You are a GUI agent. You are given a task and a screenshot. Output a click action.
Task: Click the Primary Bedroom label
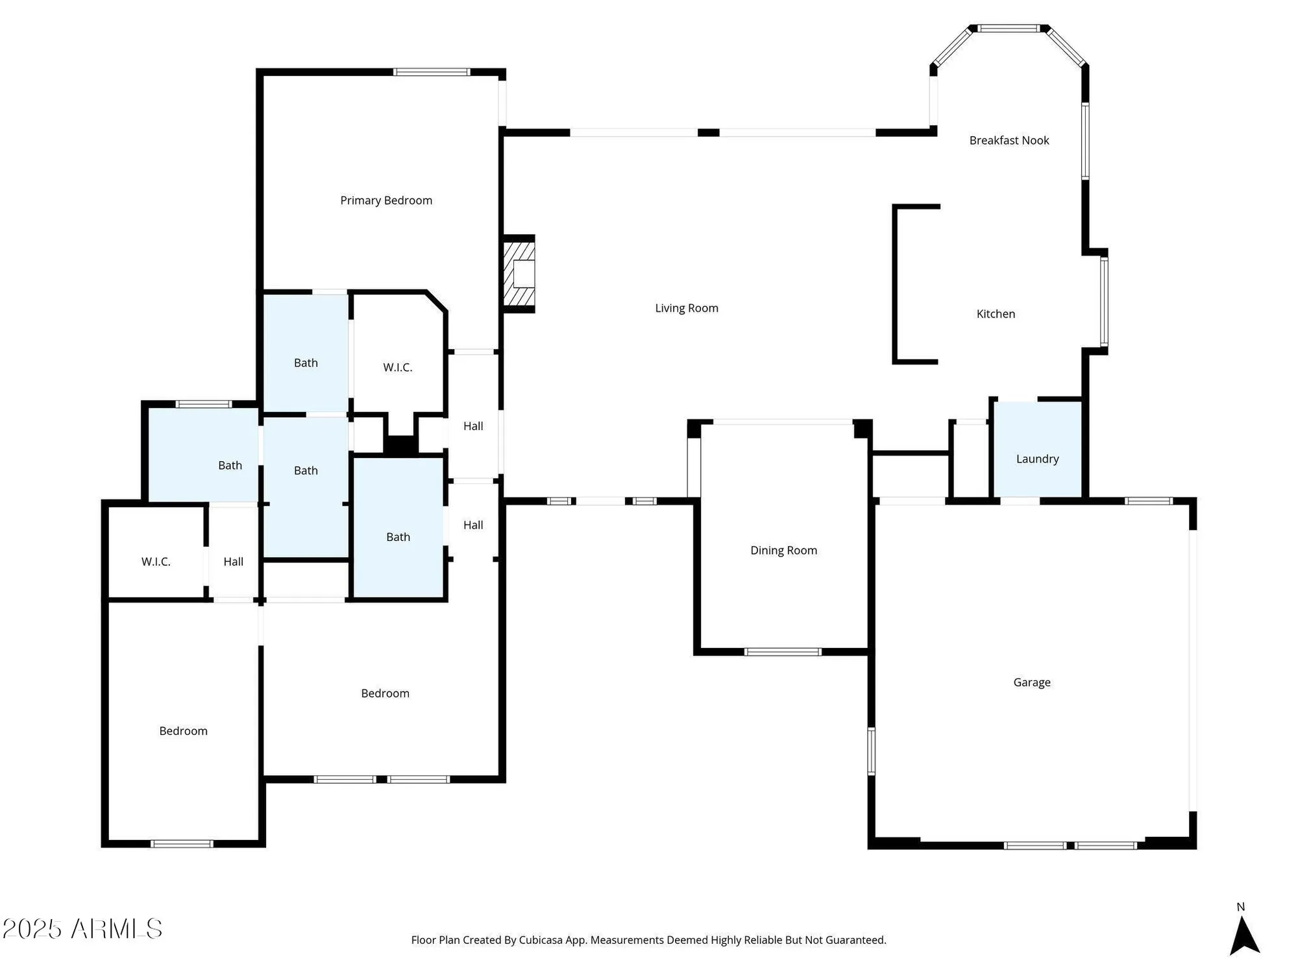pyautogui.click(x=386, y=200)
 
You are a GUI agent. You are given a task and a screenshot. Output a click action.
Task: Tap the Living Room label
pyautogui.click(x=687, y=308)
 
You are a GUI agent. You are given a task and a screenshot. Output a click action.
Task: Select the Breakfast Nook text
pyautogui.click(x=1009, y=141)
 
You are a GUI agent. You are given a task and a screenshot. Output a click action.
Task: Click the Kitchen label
pyautogui.click(x=996, y=314)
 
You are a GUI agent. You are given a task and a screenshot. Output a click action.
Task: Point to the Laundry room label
pyautogui.click(x=1037, y=459)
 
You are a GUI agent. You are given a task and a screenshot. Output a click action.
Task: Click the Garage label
pyautogui.click(x=1031, y=682)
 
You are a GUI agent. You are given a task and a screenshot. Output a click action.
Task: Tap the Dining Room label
pyautogui.click(x=783, y=551)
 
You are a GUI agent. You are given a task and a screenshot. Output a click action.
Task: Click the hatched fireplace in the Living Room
pyautogui.click(x=520, y=274)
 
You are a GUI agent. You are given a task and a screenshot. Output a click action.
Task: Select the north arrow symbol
pyautogui.click(x=1244, y=934)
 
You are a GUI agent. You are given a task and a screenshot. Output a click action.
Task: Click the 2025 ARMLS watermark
pyautogui.click(x=82, y=929)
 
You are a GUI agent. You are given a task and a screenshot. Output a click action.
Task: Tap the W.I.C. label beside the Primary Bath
pyautogui.click(x=397, y=368)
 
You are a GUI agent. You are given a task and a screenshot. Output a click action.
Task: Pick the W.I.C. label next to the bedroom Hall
pyautogui.click(x=156, y=562)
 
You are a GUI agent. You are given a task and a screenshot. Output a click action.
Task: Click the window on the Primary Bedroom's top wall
pyautogui.click(x=432, y=72)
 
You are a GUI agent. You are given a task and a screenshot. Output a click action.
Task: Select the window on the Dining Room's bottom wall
pyautogui.click(x=782, y=652)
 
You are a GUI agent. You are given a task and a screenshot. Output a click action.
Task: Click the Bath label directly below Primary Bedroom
pyautogui.click(x=306, y=363)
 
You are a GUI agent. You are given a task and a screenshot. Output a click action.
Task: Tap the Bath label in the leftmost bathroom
pyautogui.click(x=230, y=466)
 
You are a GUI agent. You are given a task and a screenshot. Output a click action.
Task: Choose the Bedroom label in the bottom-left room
pyautogui.click(x=183, y=731)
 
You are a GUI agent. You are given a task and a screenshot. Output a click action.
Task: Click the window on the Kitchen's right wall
pyautogui.click(x=1104, y=302)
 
